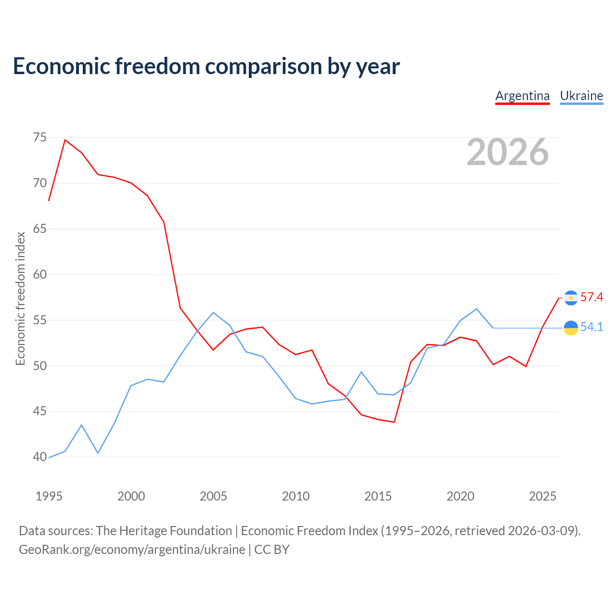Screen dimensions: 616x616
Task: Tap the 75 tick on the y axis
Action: (39, 138)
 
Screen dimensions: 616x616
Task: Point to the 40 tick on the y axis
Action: (39, 457)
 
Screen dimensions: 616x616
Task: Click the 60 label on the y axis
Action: (39, 274)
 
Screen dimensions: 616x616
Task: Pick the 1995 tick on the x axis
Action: (49, 496)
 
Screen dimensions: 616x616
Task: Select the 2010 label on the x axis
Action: (295, 496)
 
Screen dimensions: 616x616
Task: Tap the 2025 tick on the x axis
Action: (542, 496)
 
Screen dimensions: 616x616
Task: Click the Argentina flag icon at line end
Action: (571, 298)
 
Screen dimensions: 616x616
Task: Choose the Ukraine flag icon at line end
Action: (571, 328)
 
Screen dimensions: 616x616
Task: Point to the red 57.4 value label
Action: (592, 297)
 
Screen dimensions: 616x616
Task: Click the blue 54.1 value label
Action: (592, 327)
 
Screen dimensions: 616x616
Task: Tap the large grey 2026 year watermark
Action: (508, 152)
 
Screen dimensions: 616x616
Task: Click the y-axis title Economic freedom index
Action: (21, 298)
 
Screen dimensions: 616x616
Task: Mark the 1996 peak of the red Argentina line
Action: (65, 140)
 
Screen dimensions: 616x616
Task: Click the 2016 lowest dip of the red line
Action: (394, 422)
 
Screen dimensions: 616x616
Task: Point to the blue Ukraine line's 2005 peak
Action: (213, 312)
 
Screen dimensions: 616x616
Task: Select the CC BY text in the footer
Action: (272, 550)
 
